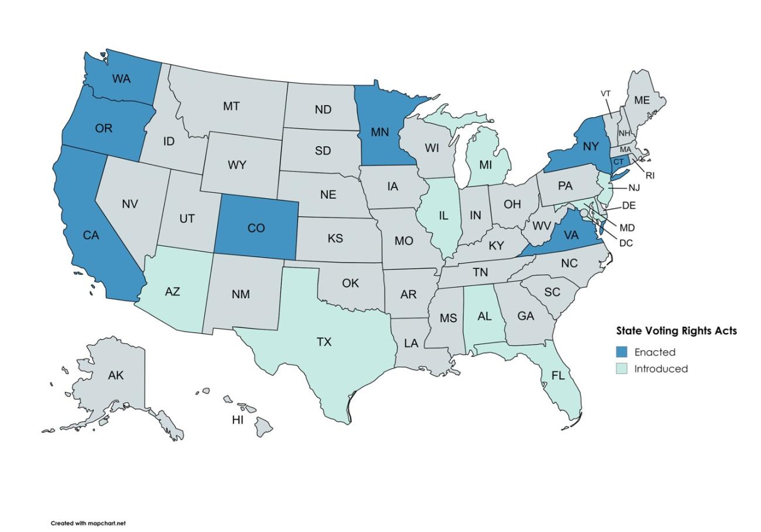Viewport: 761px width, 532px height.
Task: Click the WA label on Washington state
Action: pyautogui.click(x=121, y=78)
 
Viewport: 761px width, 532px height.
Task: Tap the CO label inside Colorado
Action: pyautogui.click(x=256, y=229)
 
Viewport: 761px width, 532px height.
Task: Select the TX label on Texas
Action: pyautogui.click(x=324, y=342)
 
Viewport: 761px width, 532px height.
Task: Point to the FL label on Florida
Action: pyautogui.click(x=558, y=376)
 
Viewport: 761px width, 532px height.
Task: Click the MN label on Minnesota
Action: pyautogui.click(x=379, y=132)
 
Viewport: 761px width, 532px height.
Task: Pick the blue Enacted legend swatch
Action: pyautogui.click(x=622, y=352)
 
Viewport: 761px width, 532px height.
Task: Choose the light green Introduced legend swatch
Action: pyautogui.click(x=622, y=369)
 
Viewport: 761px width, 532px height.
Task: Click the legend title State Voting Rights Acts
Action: pyautogui.click(x=676, y=331)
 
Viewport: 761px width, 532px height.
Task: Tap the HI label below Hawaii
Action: pyautogui.click(x=238, y=420)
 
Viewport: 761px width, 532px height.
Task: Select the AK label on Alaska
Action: pyautogui.click(x=116, y=375)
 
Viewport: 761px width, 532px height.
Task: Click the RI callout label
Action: pyautogui.click(x=650, y=175)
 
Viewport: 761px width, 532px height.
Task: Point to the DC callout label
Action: pyautogui.click(x=626, y=243)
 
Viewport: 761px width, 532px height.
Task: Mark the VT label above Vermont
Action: pyautogui.click(x=606, y=94)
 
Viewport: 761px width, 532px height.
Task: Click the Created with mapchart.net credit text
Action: pyautogui.click(x=88, y=523)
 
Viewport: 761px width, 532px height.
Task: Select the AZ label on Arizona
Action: pyautogui.click(x=172, y=291)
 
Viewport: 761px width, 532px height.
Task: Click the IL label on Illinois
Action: pyautogui.click(x=443, y=216)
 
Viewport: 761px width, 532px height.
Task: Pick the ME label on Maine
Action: pyautogui.click(x=642, y=101)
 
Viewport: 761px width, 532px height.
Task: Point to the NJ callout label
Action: pyautogui.click(x=634, y=188)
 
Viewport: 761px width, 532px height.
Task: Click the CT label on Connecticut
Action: pyautogui.click(x=619, y=162)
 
